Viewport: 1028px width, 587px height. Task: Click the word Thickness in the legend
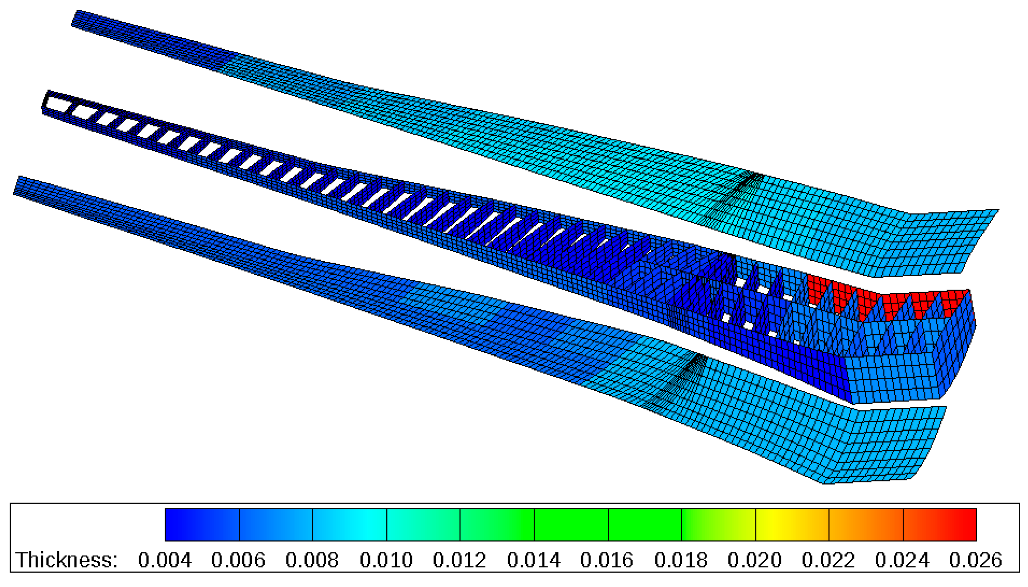[x=66, y=560]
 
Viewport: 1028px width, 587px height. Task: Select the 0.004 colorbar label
[x=164, y=560]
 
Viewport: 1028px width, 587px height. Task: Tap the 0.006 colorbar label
[x=238, y=560]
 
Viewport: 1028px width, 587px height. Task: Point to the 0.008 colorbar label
[x=312, y=560]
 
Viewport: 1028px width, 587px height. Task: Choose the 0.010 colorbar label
[x=386, y=560]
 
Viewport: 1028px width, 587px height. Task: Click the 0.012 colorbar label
[x=459, y=560]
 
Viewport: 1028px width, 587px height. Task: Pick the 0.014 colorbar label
[x=534, y=560]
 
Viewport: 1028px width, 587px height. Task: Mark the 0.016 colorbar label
[x=607, y=560]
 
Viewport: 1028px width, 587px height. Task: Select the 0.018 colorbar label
[x=681, y=560]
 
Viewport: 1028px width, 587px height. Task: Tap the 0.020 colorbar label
[x=755, y=560]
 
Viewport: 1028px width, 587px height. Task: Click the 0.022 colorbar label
[x=829, y=560]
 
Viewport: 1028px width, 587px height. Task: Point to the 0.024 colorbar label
[x=902, y=560]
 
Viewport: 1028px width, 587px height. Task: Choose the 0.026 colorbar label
[x=976, y=560]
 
